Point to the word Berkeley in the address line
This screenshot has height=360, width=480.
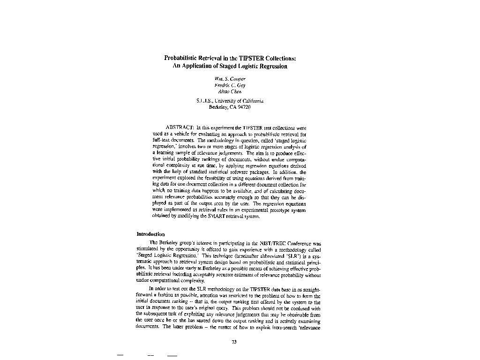pos(218,107)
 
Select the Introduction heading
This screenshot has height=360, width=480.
pos(150,234)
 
